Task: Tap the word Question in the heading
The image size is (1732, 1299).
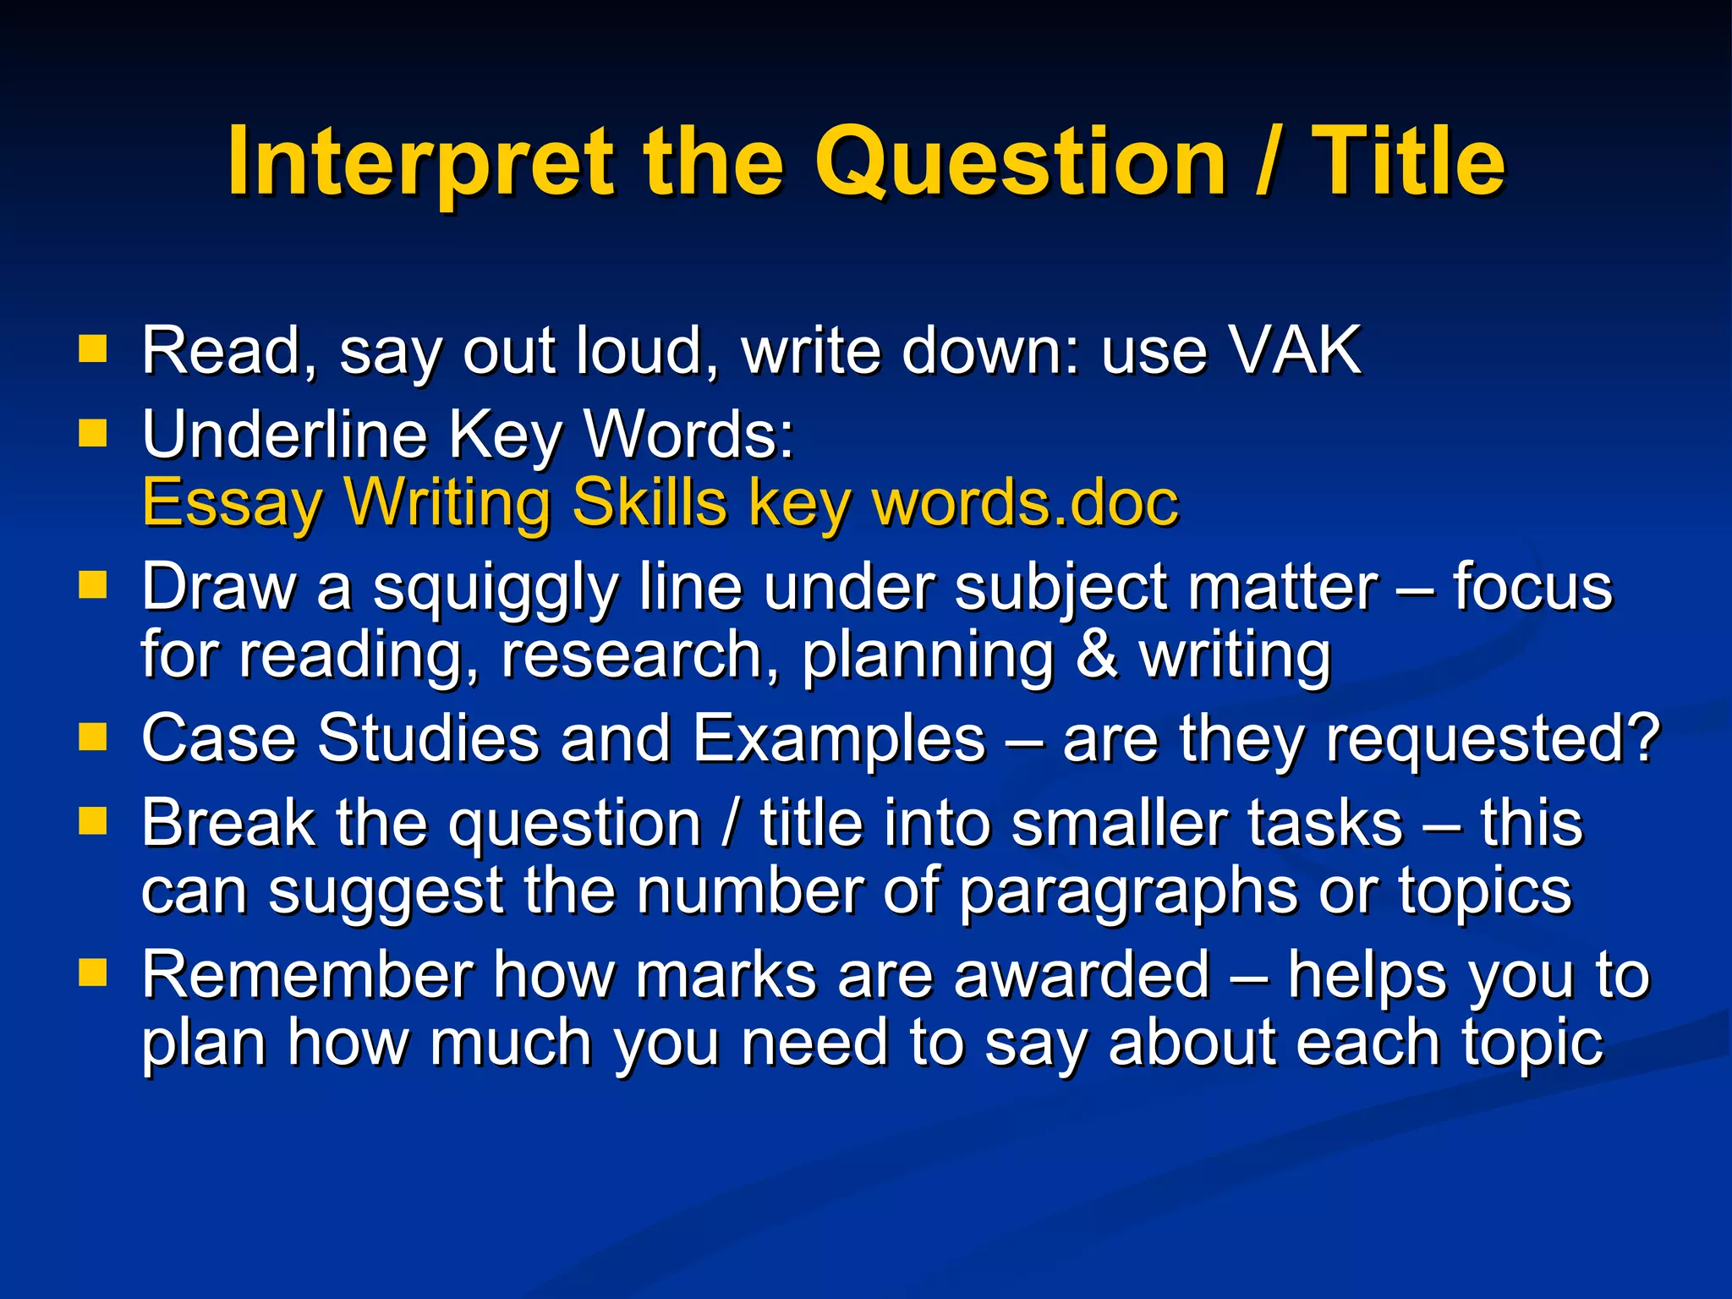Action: [1019, 161]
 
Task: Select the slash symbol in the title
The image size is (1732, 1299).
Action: [1267, 161]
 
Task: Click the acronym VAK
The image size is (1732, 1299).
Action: [1294, 350]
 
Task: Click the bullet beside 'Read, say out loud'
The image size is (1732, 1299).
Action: [93, 348]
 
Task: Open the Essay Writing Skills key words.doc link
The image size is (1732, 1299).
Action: [660, 502]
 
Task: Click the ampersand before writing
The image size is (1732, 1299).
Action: [1097, 655]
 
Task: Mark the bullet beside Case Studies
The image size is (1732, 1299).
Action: [93, 736]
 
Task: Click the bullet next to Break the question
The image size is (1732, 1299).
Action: [93, 820]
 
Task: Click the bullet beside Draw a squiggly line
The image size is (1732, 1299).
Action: [93, 584]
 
